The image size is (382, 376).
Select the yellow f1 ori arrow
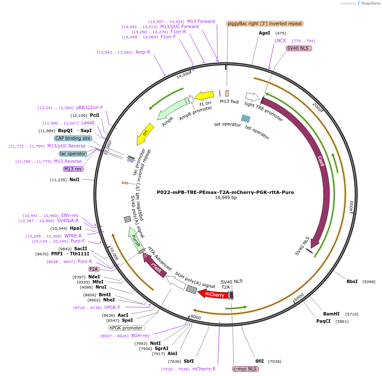[x=204, y=96]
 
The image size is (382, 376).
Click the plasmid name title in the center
[x=225, y=192]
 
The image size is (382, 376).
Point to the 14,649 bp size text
[x=226, y=198]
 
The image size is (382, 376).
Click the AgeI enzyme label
[x=264, y=33]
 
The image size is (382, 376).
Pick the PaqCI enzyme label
[x=323, y=321]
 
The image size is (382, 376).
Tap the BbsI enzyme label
[x=352, y=281]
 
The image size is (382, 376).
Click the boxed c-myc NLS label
[x=246, y=369]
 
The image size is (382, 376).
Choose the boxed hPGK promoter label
[x=126, y=328]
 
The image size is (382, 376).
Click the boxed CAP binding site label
[x=73, y=138]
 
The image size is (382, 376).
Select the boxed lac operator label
[x=73, y=153]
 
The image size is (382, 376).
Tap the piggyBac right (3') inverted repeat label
[x=265, y=23]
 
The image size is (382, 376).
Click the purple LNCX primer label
[x=280, y=40]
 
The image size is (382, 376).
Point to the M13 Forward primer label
[x=201, y=21]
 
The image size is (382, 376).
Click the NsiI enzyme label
[x=74, y=179]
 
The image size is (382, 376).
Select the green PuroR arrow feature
[x=135, y=239]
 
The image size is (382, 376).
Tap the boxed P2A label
[x=94, y=269]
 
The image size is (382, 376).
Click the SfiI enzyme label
[x=260, y=361]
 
